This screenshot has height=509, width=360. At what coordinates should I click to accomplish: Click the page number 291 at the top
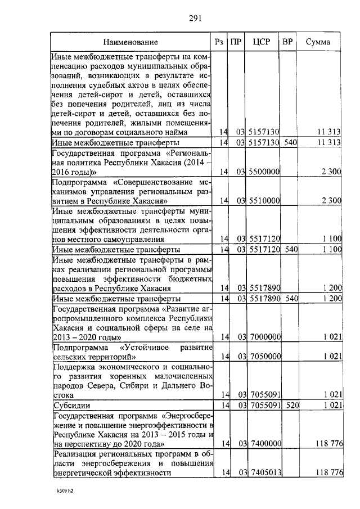(x=195, y=18)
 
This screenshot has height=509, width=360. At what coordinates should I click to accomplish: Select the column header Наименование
(x=130, y=42)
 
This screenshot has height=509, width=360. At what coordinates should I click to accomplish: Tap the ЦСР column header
(x=263, y=42)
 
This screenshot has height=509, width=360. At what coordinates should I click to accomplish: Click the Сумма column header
(x=318, y=42)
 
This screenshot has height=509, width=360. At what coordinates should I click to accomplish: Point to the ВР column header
(x=287, y=42)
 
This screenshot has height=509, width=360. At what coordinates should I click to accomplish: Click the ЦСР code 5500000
(x=264, y=172)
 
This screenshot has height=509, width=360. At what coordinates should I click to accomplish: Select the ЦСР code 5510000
(x=264, y=200)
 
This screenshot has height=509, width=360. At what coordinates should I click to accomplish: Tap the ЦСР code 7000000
(x=264, y=337)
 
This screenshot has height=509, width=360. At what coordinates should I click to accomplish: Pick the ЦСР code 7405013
(x=264, y=473)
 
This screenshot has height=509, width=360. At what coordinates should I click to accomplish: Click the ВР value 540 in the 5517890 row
(x=290, y=298)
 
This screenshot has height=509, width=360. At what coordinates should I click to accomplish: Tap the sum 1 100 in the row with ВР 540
(x=332, y=249)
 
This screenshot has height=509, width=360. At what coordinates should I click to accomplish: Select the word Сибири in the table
(x=133, y=385)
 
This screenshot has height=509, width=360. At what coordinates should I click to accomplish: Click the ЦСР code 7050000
(x=264, y=357)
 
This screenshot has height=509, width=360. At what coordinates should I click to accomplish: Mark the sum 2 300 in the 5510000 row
(x=332, y=200)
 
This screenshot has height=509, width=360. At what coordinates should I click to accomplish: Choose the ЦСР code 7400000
(x=264, y=444)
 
